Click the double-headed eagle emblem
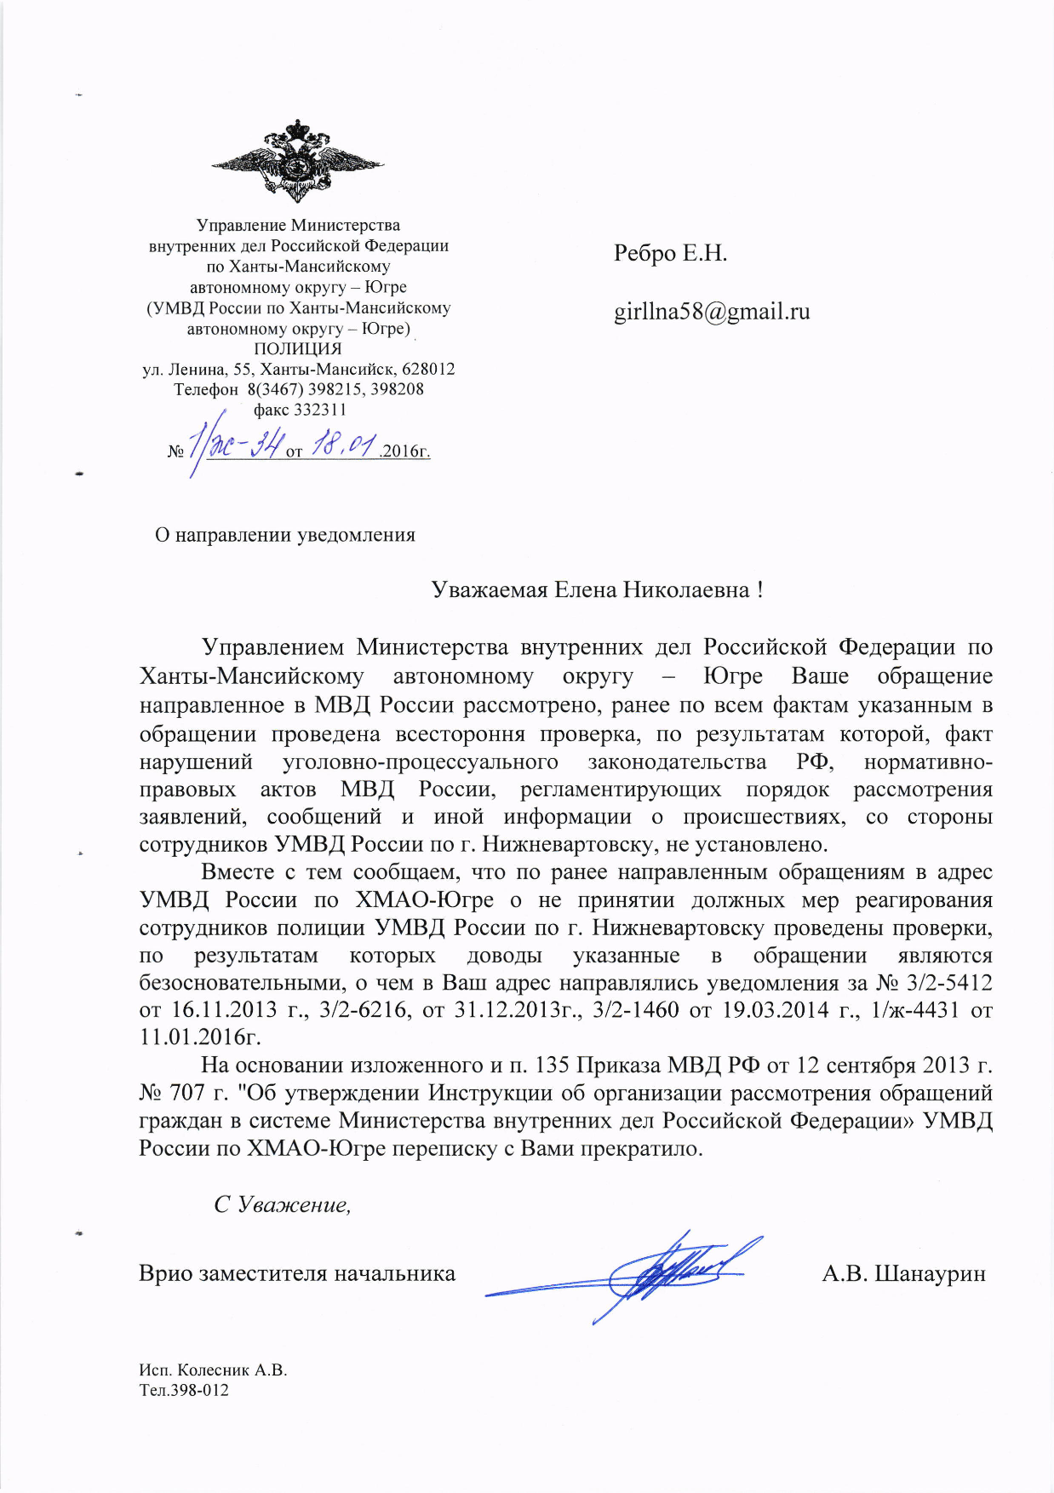tap(297, 161)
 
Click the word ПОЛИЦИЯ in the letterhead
tap(298, 348)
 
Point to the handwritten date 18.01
tap(345, 445)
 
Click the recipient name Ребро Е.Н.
tap(670, 254)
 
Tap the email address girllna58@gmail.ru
tap(712, 312)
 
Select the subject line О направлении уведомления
tap(285, 535)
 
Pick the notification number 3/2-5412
tap(950, 983)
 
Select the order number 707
tap(187, 1093)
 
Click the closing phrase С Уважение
tap(282, 1204)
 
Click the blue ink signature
tap(647, 1274)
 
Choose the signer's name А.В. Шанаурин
tap(903, 1274)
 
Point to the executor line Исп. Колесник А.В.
tap(214, 1370)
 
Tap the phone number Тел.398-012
tap(184, 1391)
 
